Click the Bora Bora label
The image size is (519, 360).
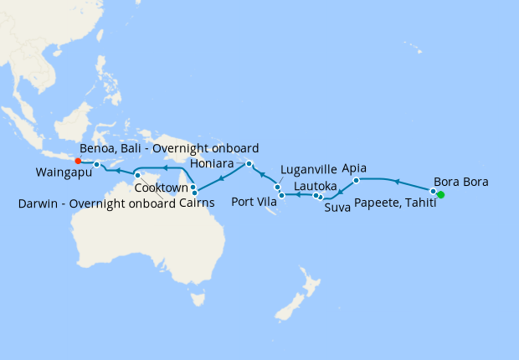[461, 182]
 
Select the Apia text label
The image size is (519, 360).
[355, 167]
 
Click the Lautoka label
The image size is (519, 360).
[316, 186]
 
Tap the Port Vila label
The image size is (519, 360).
[254, 201]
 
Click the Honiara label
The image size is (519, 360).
[211, 163]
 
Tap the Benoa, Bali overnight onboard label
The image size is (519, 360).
[169, 148]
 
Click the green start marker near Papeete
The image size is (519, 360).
[440, 195]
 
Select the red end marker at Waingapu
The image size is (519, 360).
[78, 161]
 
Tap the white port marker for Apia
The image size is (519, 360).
[357, 180]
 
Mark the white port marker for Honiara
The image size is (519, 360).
[249, 163]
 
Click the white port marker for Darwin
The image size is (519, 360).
[137, 175]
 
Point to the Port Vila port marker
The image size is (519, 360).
[282, 195]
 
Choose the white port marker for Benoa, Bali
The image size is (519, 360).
[96, 164]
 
